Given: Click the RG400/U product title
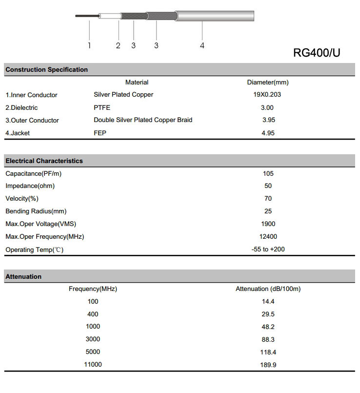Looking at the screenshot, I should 317,53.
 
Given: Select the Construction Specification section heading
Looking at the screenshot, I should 46,70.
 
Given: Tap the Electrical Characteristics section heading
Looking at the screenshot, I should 44,161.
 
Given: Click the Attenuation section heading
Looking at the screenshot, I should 23,277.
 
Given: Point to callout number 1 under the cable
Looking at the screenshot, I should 90,45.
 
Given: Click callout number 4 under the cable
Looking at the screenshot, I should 202,45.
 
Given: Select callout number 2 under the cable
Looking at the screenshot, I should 118,45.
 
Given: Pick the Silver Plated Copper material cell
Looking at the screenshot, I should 123,95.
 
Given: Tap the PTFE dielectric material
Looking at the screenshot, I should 102,107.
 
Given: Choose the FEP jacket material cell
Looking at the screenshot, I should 100,133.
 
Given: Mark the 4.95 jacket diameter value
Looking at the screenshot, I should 268,133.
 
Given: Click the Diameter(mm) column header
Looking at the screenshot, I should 268,83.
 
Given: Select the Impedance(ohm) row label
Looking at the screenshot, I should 30,186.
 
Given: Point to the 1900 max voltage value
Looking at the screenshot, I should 268,224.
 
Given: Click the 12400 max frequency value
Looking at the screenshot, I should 268,237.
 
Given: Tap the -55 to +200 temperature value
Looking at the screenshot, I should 268,249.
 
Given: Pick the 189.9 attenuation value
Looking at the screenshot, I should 268,365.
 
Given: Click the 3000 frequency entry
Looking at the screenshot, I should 93,339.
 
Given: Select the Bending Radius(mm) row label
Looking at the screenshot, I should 36,211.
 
